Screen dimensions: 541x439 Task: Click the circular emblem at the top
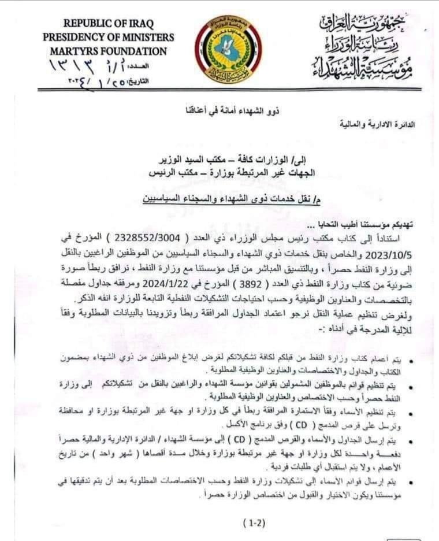tap(228, 49)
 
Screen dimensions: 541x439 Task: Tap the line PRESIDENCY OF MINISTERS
tap(108, 37)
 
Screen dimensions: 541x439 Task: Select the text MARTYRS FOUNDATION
tap(108, 51)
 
